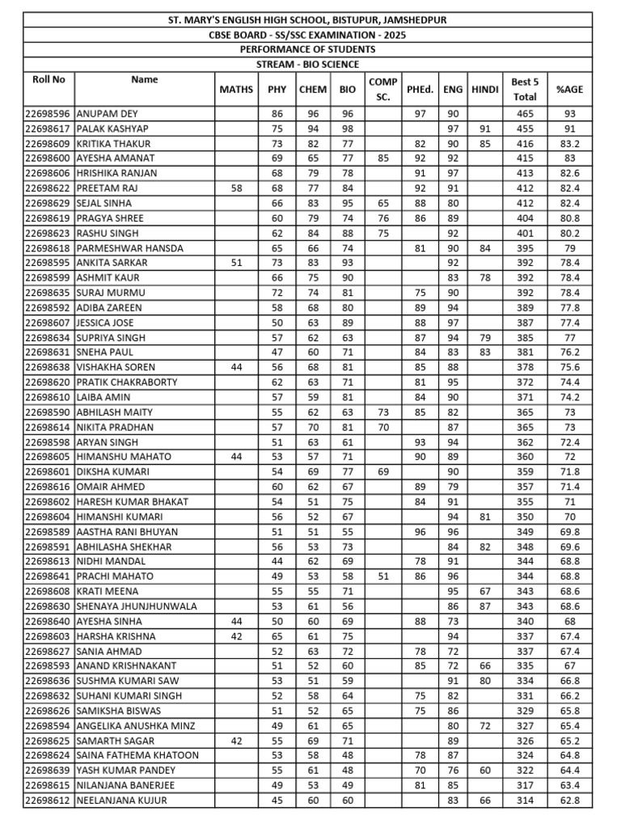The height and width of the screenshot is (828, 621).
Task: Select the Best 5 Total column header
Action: (x=520, y=89)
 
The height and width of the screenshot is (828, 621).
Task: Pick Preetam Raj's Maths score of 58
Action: (x=236, y=188)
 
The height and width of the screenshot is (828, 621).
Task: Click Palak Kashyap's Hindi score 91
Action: (x=484, y=129)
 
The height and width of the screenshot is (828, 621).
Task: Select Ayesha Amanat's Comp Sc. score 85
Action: (x=382, y=158)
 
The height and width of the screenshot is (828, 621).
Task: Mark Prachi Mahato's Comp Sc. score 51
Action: (x=382, y=577)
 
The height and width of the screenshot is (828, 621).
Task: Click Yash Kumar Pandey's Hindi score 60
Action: (x=484, y=771)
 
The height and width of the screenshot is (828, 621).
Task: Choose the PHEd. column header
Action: (x=420, y=89)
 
